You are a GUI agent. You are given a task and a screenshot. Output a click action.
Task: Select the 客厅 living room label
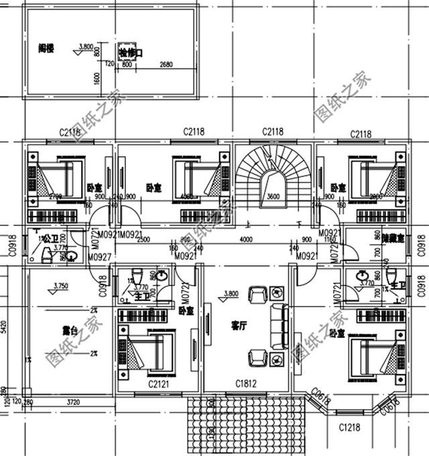tap(239, 326)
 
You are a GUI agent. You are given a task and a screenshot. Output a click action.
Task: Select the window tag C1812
tap(245, 383)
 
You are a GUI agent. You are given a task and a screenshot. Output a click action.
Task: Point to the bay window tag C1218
tap(351, 426)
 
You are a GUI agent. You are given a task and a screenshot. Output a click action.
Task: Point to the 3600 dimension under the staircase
tap(273, 197)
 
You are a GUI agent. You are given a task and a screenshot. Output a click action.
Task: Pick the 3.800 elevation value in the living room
tap(231, 294)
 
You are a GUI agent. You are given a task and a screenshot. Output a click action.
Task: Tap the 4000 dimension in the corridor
tap(246, 240)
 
